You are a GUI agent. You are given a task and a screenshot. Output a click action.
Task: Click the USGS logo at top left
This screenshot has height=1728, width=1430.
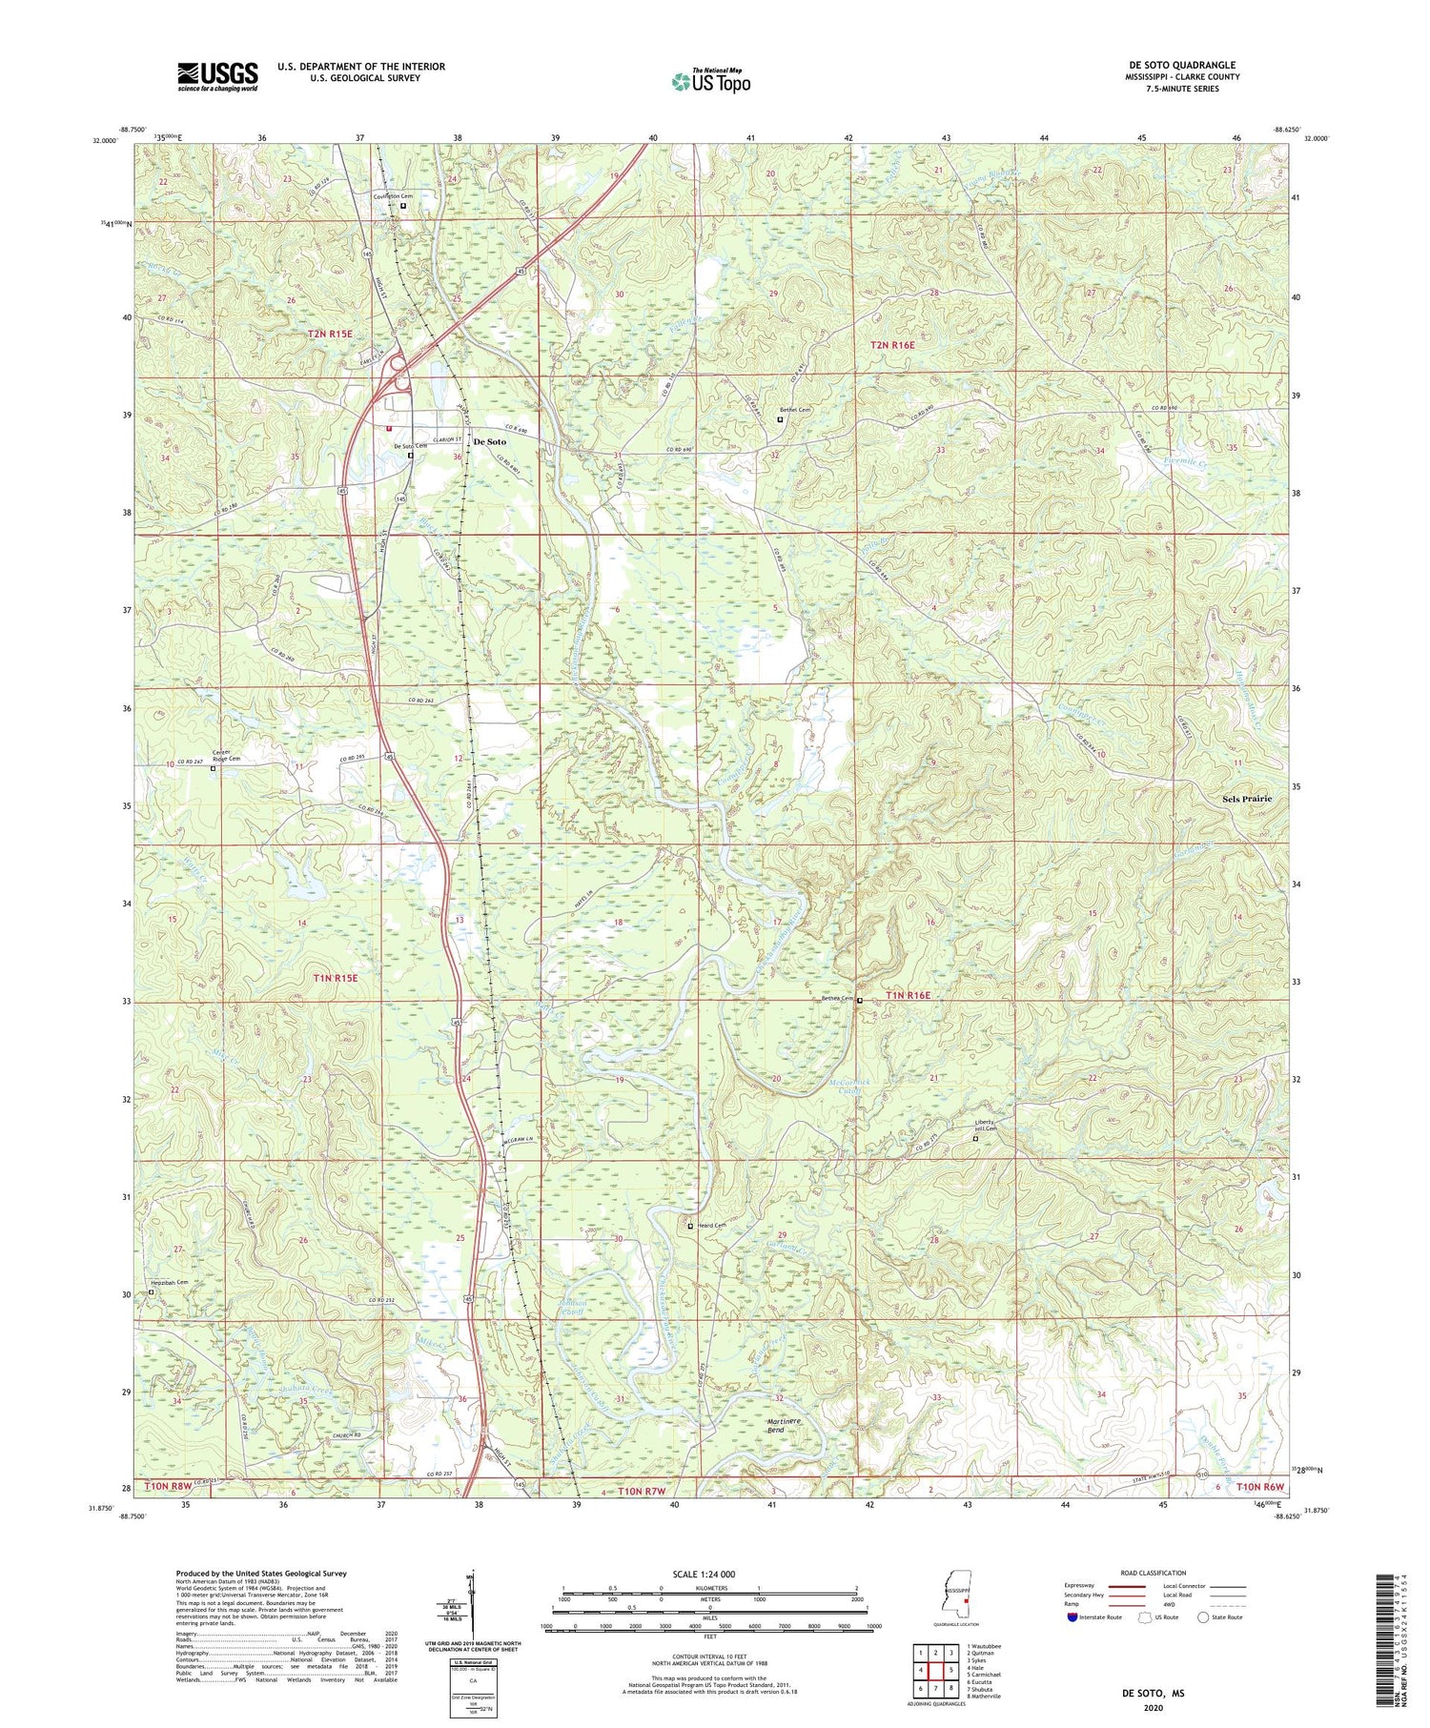217,76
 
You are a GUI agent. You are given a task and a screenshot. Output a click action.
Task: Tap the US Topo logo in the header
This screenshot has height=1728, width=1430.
710,81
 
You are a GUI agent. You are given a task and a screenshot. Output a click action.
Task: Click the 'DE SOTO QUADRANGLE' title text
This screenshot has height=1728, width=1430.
1181,65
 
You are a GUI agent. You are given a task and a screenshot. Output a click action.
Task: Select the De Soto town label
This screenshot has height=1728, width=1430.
490,442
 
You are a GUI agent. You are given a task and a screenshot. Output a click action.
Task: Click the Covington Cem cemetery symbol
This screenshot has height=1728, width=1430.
403,206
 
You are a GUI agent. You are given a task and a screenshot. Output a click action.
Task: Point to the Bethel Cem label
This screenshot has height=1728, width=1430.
794,410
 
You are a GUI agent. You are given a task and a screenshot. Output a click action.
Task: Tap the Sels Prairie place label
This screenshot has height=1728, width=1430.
1247,799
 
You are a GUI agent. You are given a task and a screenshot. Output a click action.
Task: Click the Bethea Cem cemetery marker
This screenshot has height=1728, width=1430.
859,1001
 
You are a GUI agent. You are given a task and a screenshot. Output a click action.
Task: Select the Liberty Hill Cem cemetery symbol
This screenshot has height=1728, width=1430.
975,1138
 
